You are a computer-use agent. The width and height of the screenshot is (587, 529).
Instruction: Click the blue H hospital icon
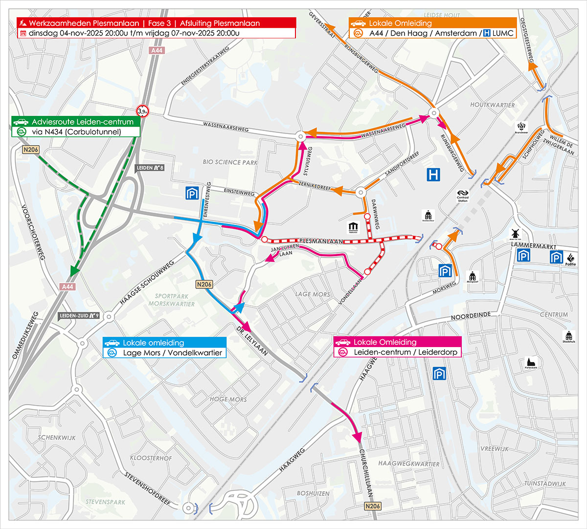point(433,175)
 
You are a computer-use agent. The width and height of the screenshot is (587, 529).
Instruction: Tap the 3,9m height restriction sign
point(142,111)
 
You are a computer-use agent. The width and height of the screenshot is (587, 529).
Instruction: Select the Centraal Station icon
point(463,196)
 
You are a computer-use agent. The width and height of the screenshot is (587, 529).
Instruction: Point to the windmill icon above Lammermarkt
point(515,234)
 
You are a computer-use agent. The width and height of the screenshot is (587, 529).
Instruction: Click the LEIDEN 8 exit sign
point(150,168)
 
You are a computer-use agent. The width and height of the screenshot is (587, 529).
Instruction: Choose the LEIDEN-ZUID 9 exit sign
point(79,316)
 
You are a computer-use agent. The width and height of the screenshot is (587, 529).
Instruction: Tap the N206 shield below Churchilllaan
point(373,506)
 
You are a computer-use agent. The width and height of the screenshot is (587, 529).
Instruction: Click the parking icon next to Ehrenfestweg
point(192,193)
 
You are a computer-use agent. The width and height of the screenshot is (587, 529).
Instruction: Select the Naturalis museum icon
point(353,227)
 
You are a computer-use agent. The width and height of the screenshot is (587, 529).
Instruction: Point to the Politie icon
point(570,259)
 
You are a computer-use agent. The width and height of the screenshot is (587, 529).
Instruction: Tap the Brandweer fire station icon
point(521,128)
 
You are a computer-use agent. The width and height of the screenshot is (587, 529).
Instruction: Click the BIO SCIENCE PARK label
point(230,162)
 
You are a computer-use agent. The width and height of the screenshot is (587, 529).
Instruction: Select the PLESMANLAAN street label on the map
point(320,242)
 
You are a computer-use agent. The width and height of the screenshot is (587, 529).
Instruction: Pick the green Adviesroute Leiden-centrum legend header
point(76,122)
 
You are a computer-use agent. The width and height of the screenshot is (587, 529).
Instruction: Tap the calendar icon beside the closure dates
point(23,33)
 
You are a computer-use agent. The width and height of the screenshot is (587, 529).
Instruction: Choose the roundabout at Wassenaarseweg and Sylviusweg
point(300,136)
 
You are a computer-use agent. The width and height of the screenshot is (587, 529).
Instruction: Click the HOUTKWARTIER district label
point(492,105)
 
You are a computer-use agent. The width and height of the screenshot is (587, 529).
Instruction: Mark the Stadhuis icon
point(568,336)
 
